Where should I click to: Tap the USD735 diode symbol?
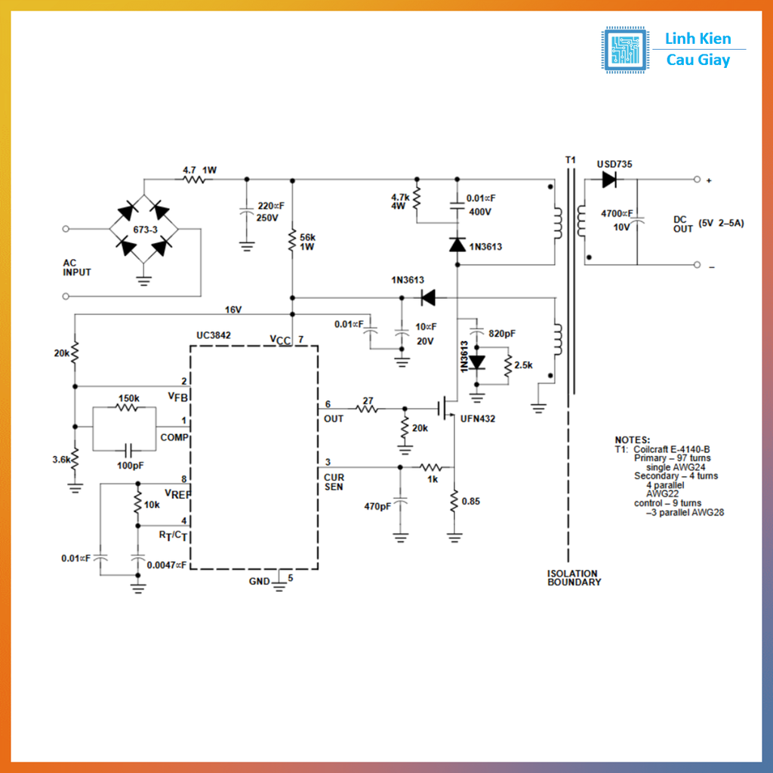tap(609, 180)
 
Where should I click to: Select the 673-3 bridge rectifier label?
tap(144, 228)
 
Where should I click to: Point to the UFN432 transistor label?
tap(478, 418)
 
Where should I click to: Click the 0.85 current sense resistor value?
tap(471, 501)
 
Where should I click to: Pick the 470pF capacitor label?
tap(378, 507)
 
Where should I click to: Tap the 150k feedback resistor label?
tap(128, 398)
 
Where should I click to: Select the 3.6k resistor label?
tap(61, 460)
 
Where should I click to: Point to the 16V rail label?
tap(233, 310)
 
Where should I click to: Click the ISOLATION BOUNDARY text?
tap(574, 578)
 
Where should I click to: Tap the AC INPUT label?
tap(77, 267)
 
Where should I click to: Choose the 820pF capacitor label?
tap(503, 333)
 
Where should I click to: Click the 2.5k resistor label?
tap(523, 365)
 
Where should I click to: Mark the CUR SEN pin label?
tap(334, 482)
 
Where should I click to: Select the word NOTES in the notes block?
tap(632, 439)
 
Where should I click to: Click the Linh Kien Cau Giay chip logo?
tap(624, 50)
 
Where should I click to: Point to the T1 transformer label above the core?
tap(571, 160)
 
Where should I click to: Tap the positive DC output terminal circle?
tap(697, 180)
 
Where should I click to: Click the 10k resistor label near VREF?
tap(152, 504)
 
